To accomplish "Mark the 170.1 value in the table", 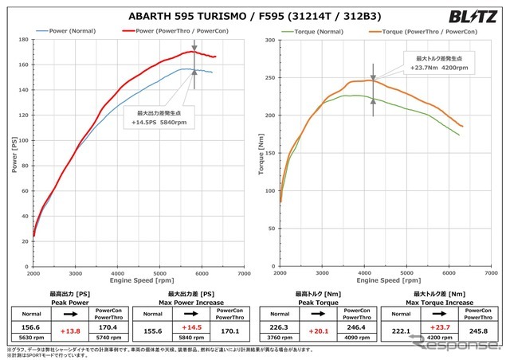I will (232, 329).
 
